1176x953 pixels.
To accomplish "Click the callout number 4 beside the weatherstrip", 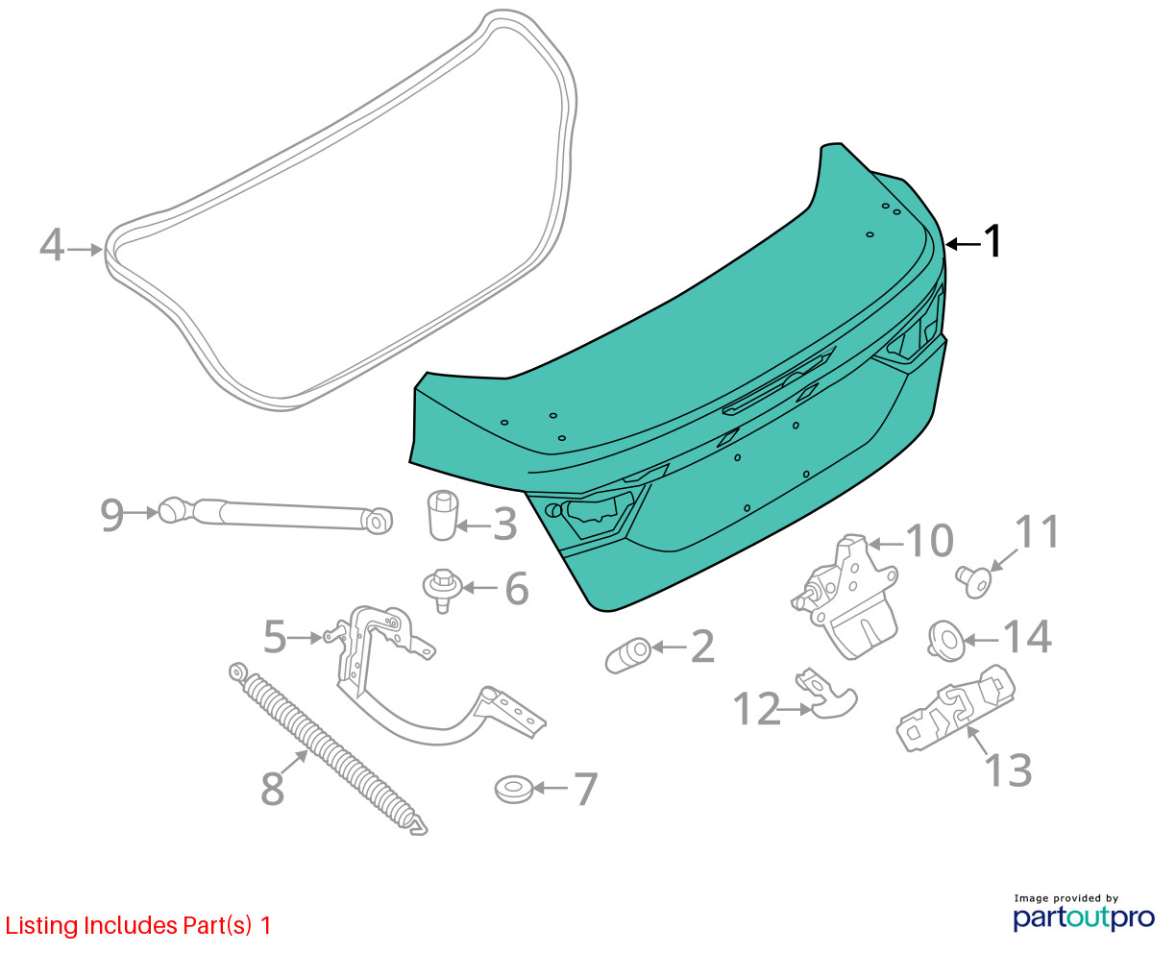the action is click(x=52, y=245).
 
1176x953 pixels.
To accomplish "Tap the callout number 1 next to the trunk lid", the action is click(x=993, y=241).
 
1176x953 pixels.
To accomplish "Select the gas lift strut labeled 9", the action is click(x=275, y=515).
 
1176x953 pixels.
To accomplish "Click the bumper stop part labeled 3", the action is click(x=442, y=515).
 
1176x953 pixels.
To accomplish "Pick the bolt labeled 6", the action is click(x=442, y=590).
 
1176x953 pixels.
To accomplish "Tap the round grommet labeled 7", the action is click(x=513, y=790).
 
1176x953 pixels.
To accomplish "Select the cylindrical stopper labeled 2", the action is click(x=628, y=655).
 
